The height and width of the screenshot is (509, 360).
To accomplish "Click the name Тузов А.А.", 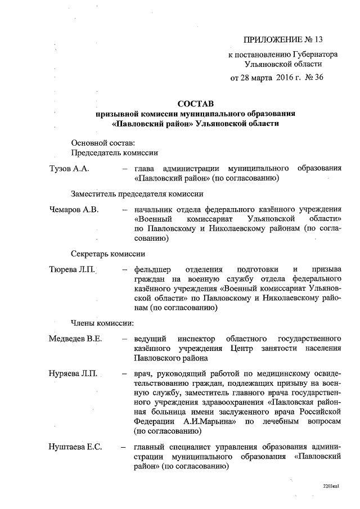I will click(70, 169).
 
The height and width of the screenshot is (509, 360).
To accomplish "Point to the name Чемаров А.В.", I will click(74, 209).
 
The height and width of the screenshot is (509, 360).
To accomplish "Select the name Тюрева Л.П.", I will click(72, 269).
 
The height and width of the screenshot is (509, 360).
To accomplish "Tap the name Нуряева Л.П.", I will click(74, 374).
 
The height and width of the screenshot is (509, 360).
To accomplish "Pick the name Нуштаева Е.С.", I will click(75, 448).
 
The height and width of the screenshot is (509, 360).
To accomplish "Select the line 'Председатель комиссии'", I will click(114, 152).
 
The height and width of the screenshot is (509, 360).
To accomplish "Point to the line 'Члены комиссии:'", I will click(102, 323).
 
